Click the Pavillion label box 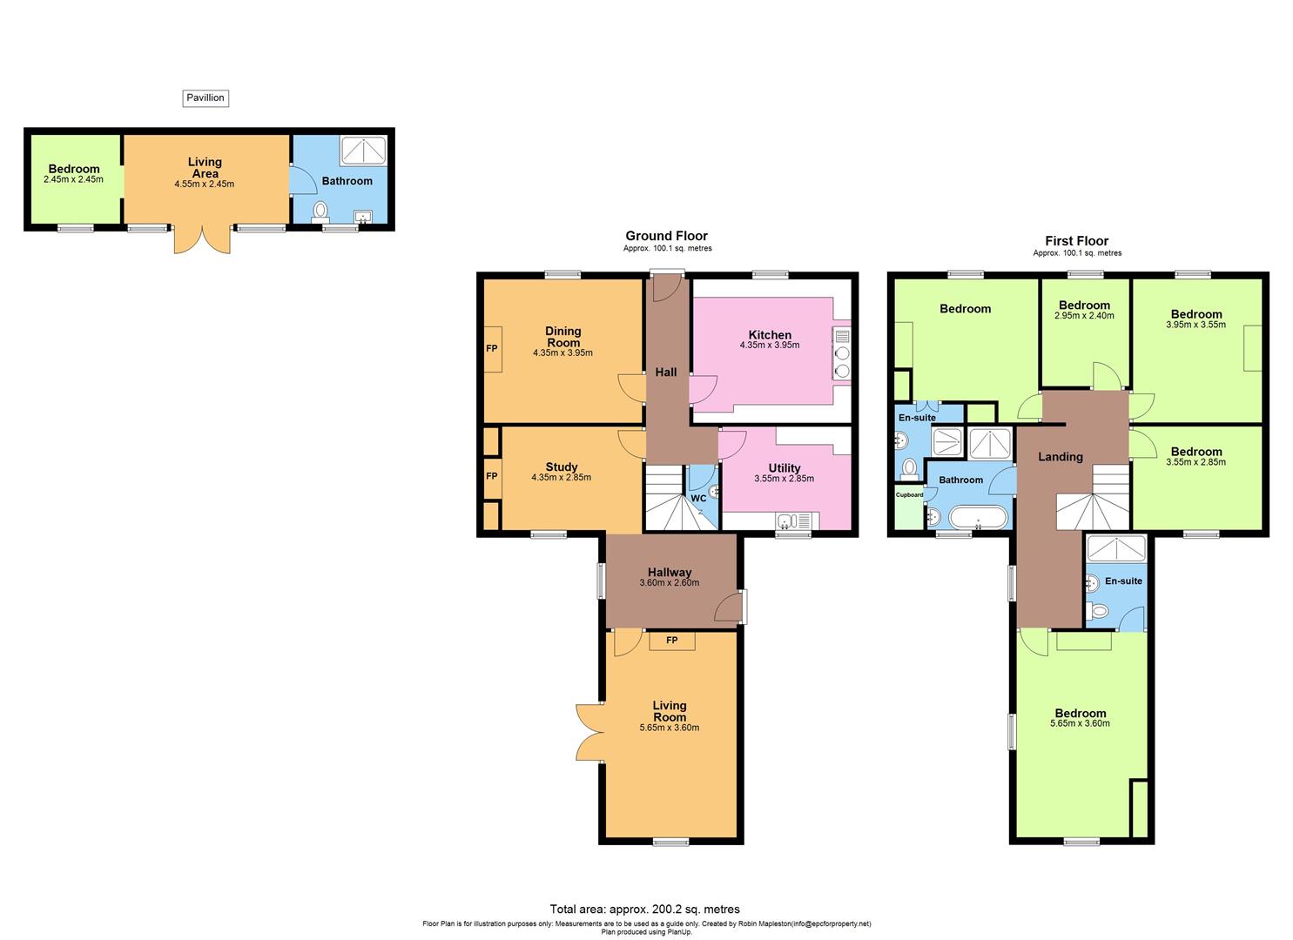tap(205, 98)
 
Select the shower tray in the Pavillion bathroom tap(366, 151)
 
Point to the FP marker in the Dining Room tap(492, 349)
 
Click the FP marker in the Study tap(492, 476)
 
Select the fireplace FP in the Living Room tap(671, 641)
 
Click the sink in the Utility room tap(786, 521)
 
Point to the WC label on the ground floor tap(698, 499)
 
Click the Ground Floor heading tap(666, 236)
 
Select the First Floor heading tap(1076, 241)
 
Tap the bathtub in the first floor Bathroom tap(979, 519)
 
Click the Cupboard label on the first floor tap(910, 494)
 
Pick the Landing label tap(1060, 457)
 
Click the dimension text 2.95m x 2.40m tap(1084, 316)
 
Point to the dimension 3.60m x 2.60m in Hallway tap(670, 583)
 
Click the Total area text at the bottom tap(644, 910)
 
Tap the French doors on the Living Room tap(589, 732)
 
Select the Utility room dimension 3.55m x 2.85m tap(784, 479)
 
